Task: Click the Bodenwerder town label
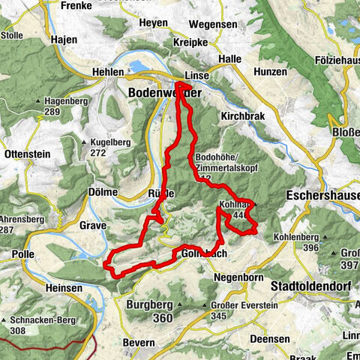point(154,91)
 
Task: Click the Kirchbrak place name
point(242,117)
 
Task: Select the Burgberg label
point(150,304)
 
